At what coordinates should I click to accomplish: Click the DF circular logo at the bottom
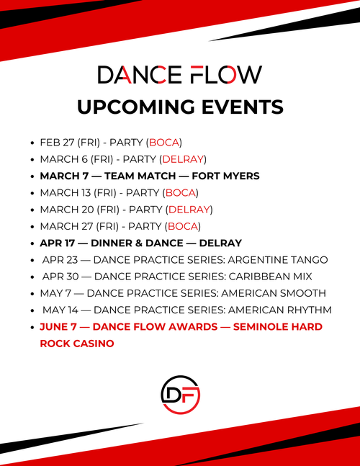[x=180, y=395]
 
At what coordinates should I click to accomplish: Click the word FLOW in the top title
[x=225, y=74]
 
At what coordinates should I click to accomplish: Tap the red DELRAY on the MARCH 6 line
[x=184, y=159]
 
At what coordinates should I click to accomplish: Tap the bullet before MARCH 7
[x=32, y=176]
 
